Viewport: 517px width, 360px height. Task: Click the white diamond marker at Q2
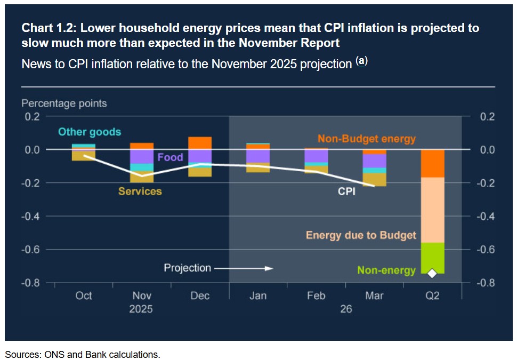432,274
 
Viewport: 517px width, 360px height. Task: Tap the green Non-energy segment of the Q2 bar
432,258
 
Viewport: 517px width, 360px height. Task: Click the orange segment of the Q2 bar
432,163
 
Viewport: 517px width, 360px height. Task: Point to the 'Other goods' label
90,132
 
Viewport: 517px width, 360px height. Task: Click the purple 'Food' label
170,157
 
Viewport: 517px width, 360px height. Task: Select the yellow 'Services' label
140,191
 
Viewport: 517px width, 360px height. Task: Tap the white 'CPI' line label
347,191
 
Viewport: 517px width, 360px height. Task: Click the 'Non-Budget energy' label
367,139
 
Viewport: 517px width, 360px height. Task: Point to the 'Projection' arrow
244,268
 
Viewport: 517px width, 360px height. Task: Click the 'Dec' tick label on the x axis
200,296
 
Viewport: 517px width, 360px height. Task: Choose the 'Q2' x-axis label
432,296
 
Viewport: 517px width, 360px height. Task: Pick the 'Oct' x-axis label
84,296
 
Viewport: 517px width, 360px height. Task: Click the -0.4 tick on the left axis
30,217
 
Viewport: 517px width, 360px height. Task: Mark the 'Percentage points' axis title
64,103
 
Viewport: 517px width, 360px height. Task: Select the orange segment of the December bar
200,143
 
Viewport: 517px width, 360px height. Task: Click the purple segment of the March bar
375,161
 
